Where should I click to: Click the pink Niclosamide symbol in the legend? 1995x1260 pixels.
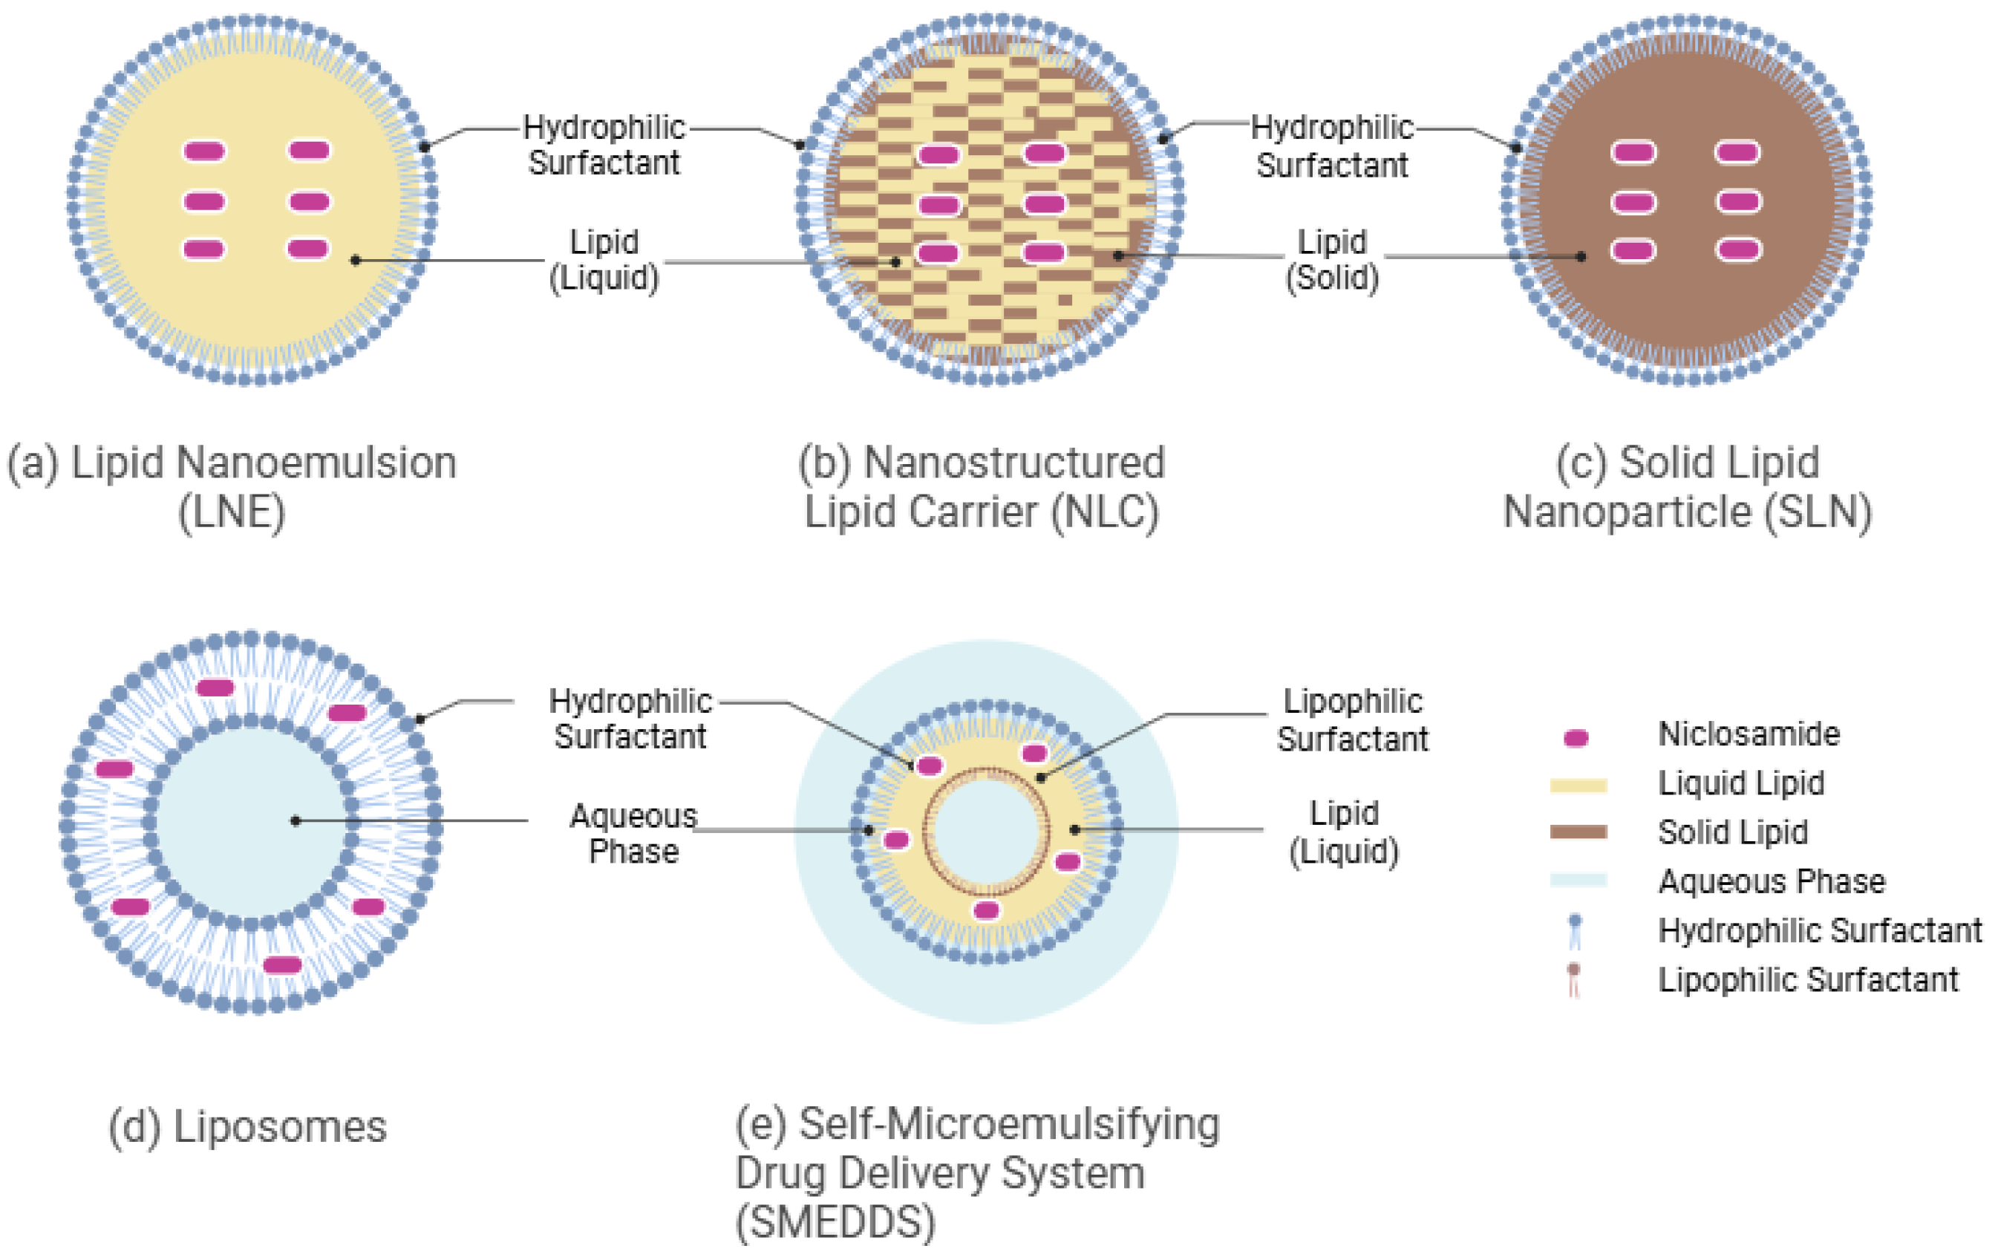coord(1575,737)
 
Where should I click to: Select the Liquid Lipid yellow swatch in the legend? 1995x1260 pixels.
coord(1578,786)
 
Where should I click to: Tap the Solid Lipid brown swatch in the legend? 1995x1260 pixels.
coord(1578,832)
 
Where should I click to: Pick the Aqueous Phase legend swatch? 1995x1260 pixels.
coord(1578,881)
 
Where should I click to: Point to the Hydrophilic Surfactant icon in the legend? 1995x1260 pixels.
coord(1575,931)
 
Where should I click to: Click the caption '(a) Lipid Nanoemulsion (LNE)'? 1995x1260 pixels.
coord(232,486)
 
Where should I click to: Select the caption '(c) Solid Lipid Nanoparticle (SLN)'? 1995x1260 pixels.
coord(1687,486)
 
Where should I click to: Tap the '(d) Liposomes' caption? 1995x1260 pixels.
coord(247,1126)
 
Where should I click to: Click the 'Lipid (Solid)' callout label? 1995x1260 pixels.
coord(1331,259)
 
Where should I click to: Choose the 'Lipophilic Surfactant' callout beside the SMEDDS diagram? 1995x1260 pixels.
coord(1352,719)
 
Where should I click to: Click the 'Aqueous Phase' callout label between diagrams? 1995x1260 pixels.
coord(633,833)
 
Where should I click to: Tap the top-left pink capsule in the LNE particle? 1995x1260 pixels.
coord(204,151)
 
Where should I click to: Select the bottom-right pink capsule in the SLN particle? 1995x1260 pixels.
coord(1737,249)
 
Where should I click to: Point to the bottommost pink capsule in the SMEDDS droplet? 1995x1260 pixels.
coord(986,910)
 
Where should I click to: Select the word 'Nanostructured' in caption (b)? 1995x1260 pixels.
coord(1014,463)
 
